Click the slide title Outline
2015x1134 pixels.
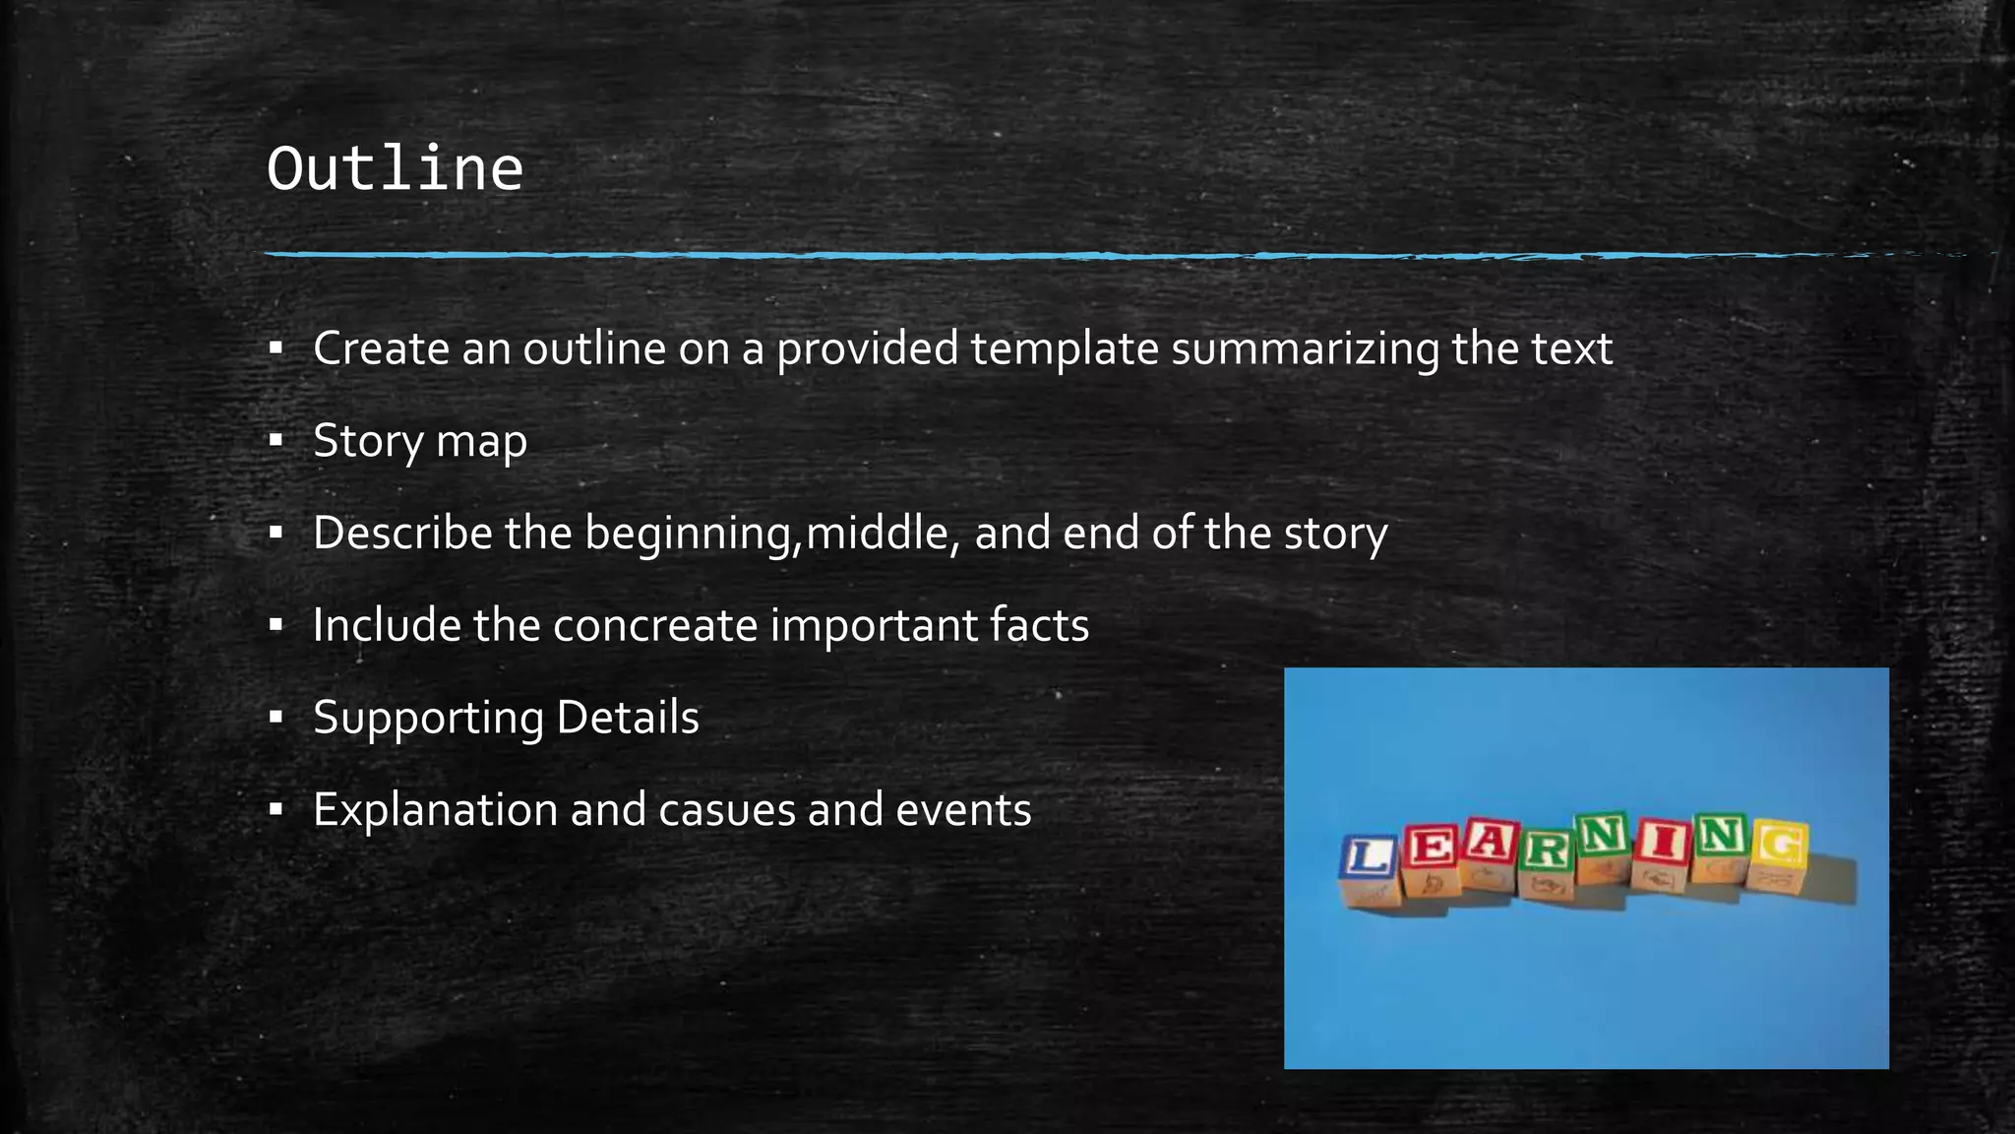[x=395, y=168]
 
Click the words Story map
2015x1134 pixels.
[x=420, y=441]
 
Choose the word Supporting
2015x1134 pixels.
[x=428, y=719]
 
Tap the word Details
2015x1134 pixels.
[x=628, y=718]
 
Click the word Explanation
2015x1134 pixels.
[x=435, y=810]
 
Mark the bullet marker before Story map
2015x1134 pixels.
[x=276, y=440]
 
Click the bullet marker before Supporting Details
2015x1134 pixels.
[x=276, y=718]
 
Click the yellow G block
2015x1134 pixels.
[x=1780, y=847]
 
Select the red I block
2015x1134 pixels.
[x=1663, y=845]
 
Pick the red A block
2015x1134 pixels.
[x=1490, y=844]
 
